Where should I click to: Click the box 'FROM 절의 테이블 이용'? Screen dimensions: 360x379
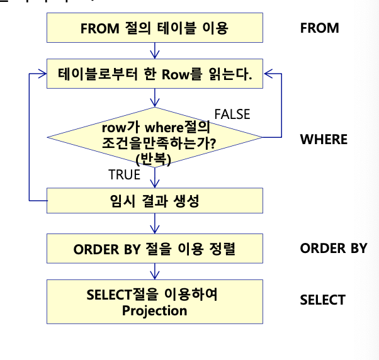tap(154, 28)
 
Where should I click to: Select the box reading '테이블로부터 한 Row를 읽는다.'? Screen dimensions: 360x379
tap(154, 75)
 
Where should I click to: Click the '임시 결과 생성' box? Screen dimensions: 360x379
tap(154, 201)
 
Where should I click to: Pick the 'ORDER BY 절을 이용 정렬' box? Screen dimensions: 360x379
tap(154, 249)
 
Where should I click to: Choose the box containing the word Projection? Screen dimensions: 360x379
tap(154, 302)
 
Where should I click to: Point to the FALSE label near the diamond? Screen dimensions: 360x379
tap(232, 114)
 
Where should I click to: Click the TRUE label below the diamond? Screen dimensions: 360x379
tap(124, 175)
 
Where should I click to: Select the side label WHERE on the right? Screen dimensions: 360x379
tap(324, 139)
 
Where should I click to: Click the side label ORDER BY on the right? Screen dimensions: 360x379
tap(333, 248)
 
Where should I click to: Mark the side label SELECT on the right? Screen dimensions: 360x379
tap(322, 300)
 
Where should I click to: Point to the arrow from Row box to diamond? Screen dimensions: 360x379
tap(154, 98)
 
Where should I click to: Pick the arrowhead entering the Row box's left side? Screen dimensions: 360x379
tap(42, 74)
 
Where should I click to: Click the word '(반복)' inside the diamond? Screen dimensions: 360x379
tap(154, 159)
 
